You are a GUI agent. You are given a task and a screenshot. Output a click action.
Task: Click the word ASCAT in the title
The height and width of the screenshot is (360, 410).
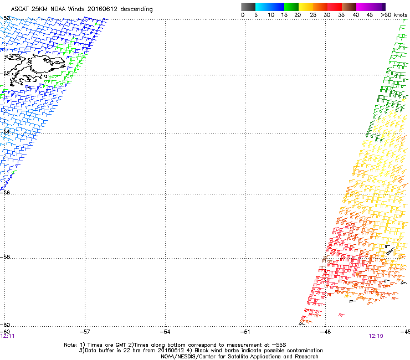click(21, 9)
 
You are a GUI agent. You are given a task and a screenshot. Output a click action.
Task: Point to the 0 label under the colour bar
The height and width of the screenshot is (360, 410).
click(243, 15)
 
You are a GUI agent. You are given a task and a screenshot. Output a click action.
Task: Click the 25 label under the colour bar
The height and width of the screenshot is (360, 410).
click(313, 15)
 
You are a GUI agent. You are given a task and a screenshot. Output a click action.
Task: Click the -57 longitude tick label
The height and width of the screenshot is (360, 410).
click(85, 332)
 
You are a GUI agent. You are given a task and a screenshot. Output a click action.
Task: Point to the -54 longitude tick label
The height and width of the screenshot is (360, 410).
click(165, 332)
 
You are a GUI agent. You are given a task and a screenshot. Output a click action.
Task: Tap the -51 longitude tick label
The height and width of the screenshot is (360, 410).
click(245, 332)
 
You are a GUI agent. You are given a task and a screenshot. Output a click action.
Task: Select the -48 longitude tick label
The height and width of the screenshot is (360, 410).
click(325, 332)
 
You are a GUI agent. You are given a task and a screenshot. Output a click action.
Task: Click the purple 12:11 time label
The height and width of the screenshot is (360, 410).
click(8, 336)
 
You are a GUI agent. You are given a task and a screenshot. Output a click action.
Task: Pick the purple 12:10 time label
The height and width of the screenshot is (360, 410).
click(376, 336)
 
